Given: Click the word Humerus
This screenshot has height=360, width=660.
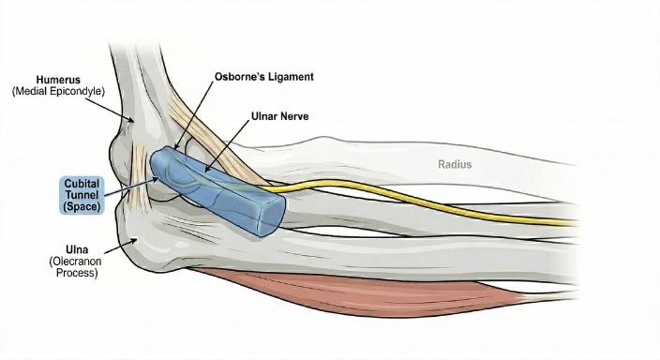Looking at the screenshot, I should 60,80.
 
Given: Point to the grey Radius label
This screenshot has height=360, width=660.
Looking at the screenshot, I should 456,165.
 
